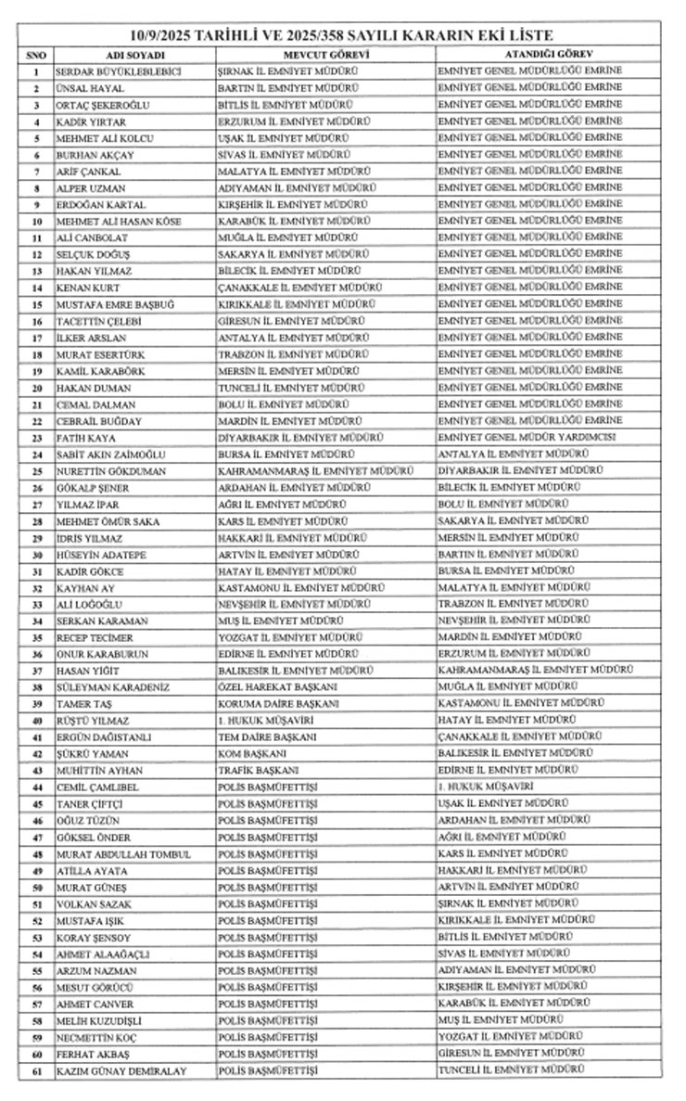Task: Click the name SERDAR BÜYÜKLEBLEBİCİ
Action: pos(118,72)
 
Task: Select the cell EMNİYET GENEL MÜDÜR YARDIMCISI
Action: pos(529,439)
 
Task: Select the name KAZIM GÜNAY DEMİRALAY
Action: pos(121,1072)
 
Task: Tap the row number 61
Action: pos(36,1072)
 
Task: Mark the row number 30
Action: pos(36,556)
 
